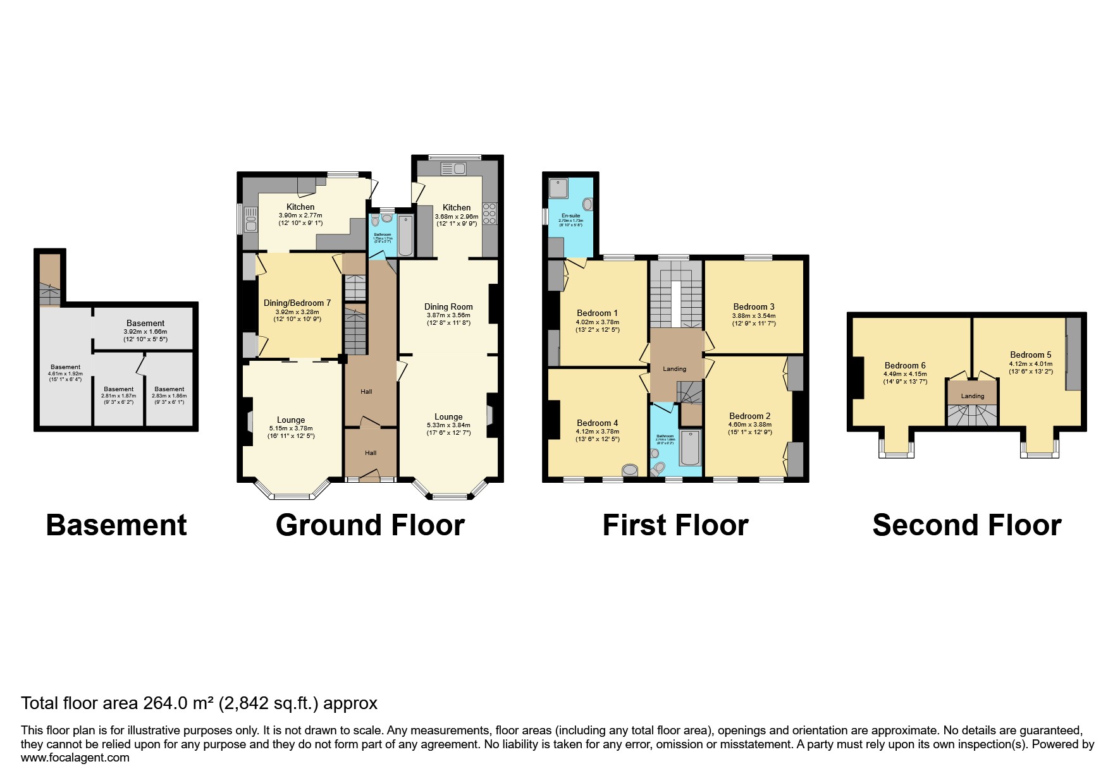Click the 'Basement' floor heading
(116, 525)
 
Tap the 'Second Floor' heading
(966, 525)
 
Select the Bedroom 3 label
(754, 307)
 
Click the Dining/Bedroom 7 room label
(297, 303)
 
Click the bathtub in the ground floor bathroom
(405, 235)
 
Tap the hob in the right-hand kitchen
(489, 214)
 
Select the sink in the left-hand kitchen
(251, 218)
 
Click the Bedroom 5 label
(1031, 355)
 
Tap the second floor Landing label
(973, 396)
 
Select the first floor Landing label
(674, 369)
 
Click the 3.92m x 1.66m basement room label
(145, 331)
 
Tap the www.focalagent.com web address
(75, 758)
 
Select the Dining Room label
(448, 307)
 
